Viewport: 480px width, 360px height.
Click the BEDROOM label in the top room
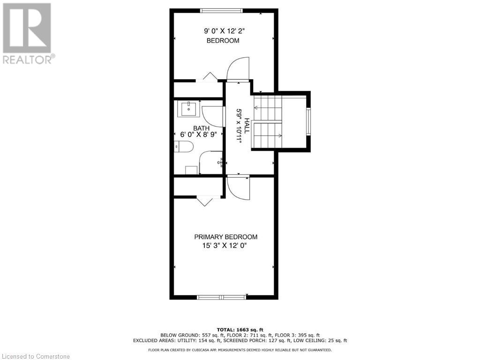click(x=223, y=41)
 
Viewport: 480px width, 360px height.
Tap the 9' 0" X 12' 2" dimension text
click(x=225, y=31)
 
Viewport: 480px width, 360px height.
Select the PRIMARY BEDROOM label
click(x=225, y=237)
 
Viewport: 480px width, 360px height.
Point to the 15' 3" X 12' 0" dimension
click(x=225, y=246)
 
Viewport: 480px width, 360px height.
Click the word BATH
click(x=202, y=128)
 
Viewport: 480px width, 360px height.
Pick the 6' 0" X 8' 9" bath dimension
click(x=198, y=135)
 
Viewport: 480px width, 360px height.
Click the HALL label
click(x=247, y=126)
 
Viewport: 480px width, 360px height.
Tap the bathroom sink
click(x=188, y=108)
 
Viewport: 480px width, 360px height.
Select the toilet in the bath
click(x=183, y=147)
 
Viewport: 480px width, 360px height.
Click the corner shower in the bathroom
click(x=211, y=163)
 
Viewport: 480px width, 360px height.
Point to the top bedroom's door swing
click(x=238, y=69)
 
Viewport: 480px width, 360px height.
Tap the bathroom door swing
click(x=213, y=117)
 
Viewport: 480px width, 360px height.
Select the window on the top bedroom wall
click(x=221, y=11)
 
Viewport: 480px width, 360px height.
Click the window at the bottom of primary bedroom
click(x=222, y=297)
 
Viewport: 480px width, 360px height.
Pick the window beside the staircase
click(x=308, y=121)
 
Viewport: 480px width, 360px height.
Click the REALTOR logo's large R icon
click(x=27, y=28)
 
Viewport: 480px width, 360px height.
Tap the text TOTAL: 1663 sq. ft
click(x=240, y=330)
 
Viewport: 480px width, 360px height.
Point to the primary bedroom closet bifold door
click(x=204, y=201)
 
